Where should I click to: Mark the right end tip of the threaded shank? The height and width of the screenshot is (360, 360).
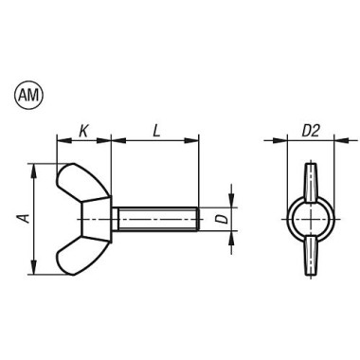[x=197, y=219]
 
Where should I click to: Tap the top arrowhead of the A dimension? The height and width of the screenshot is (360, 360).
[x=35, y=167]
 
